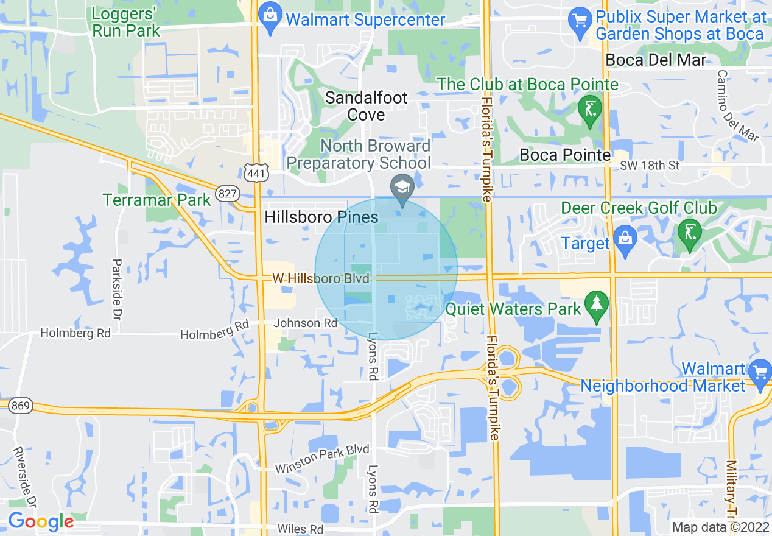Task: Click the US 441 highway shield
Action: click(254, 174)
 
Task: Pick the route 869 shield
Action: click(20, 406)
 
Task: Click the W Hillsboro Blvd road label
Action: click(321, 278)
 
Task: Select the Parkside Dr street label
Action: click(116, 290)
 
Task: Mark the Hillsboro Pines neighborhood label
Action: click(321, 217)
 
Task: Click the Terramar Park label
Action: click(157, 200)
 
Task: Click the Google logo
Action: click(41, 521)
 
